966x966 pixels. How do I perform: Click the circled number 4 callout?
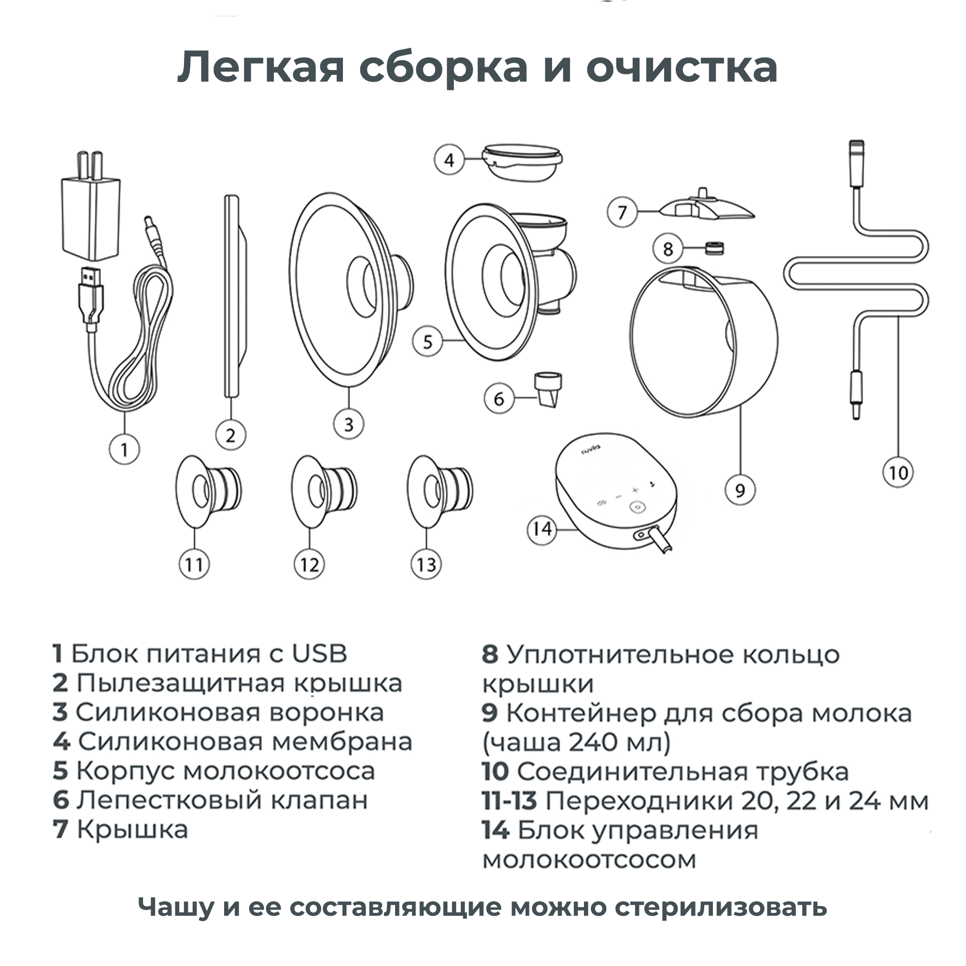(x=449, y=160)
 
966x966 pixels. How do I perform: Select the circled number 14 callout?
(x=542, y=529)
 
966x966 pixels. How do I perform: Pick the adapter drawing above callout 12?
(x=324, y=491)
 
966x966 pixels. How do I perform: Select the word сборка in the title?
(x=443, y=68)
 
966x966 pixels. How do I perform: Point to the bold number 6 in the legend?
(x=60, y=800)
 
